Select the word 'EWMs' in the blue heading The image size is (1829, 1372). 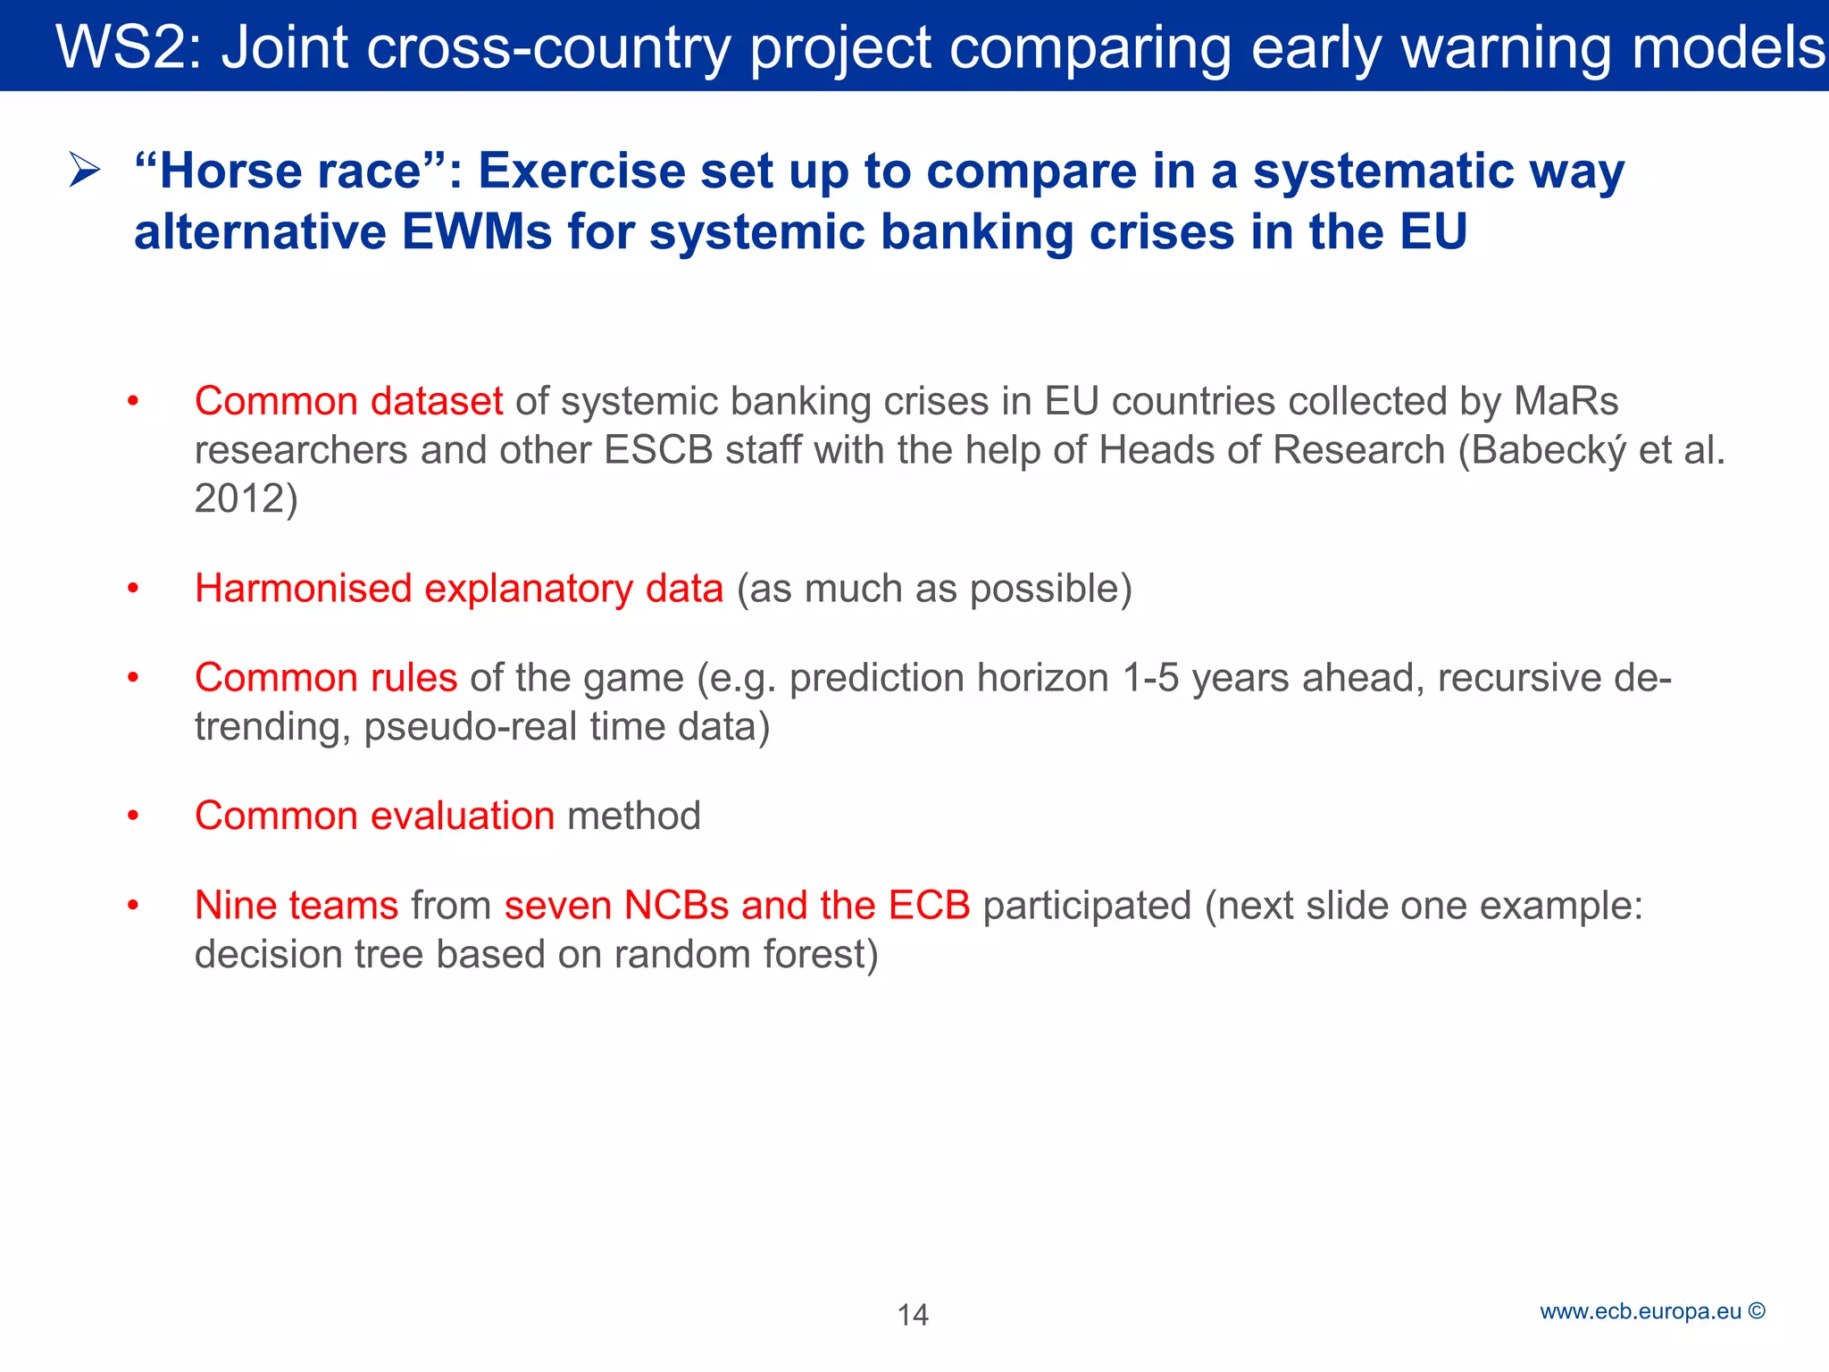click(x=477, y=232)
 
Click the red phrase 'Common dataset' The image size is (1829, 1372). click(x=348, y=401)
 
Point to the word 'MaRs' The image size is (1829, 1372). click(x=1566, y=401)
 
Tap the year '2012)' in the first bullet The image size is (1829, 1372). click(x=246, y=498)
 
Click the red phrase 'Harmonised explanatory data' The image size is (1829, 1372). click(x=458, y=589)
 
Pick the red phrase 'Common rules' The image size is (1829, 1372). click(x=326, y=678)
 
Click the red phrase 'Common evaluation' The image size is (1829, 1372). click(x=374, y=816)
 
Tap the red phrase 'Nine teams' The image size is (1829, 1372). click(x=296, y=906)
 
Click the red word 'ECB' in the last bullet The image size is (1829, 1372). click(x=929, y=906)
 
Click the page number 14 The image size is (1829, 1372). click(x=913, y=1315)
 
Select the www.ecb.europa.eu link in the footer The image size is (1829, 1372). click(x=1640, y=1311)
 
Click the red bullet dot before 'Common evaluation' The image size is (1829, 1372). click(x=133, y=816)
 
